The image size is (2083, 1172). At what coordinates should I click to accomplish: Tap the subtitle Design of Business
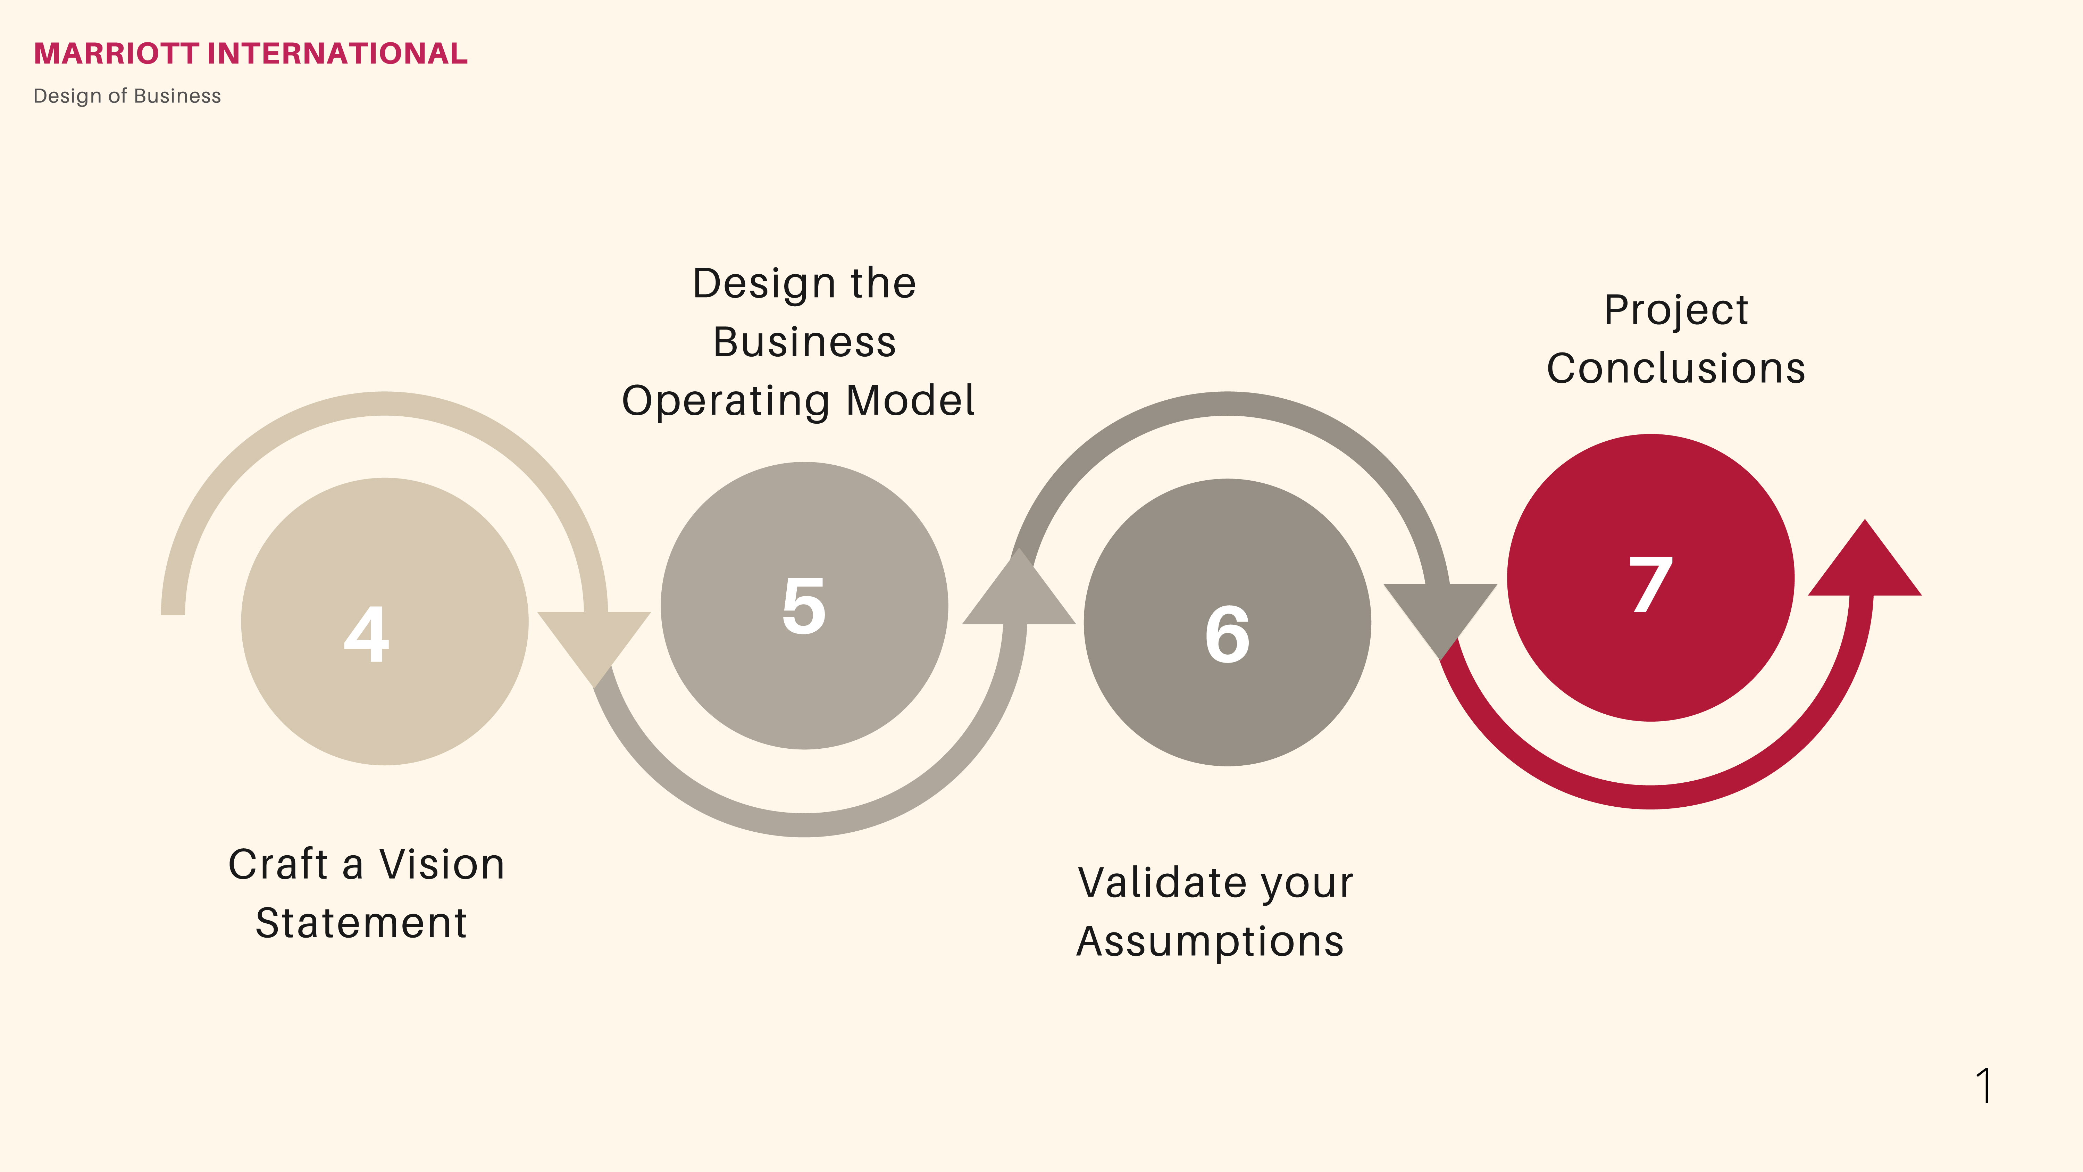[127, 96]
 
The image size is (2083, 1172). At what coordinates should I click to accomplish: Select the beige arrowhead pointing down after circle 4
[594, 639]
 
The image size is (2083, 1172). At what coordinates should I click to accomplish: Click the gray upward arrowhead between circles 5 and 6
[1019, 595]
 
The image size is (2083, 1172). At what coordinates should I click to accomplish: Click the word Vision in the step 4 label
[442, 865]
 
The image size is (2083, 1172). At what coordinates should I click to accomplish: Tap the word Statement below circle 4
[361, 923]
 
